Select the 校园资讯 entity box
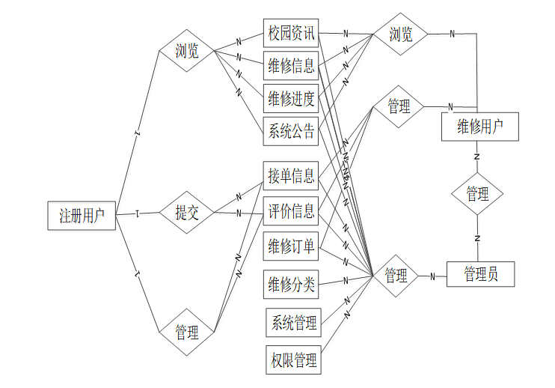coord(292,34)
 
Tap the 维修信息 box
coord(292,65)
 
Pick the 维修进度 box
coord(292,97)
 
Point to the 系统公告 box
coord(292,132)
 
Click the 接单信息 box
coord(292,176)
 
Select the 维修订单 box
coord(292,245)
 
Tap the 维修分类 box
coord(292,285)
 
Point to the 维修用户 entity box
coord(479,127)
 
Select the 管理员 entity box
coord(480,274)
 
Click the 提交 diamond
coord(187,213)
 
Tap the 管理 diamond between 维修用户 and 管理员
coord(477,194)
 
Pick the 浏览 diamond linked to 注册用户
coord(187,51)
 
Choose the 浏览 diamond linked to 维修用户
coord(401,34)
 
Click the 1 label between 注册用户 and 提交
coord(138,213)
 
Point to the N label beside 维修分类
coord(346,281)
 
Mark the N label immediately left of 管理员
coord(432,276)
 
